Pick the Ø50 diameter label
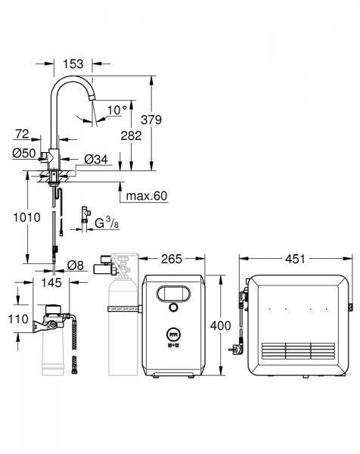[x=24, y=154]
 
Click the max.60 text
[x=146, y=195]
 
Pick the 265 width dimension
[x=172, y=259]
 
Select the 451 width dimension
[x=295, y=259]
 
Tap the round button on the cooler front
[x=173, y=308]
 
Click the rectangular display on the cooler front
[x=173, y=292]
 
